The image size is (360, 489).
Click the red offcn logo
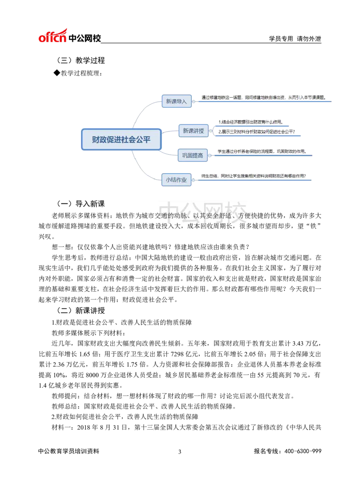[x=53, y=36]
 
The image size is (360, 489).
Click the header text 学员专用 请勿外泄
[x=295, y=39]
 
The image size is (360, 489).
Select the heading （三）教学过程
[x=80, y=60]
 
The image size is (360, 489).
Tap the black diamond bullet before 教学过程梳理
[x=56, y=73]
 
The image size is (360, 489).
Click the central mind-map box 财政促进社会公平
[x=121, y=139]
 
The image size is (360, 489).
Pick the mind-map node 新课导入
[x=176, y=101]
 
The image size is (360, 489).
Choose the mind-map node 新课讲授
[x=193, y=130]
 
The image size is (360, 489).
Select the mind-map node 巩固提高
[x=193, y=155]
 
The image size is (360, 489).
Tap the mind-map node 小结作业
[x=176, y=179]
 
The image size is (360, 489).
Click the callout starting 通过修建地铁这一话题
[x=264, y=98]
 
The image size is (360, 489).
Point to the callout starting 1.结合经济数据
[x=251, y=122]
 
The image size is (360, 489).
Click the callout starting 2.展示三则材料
[x=256, y=132]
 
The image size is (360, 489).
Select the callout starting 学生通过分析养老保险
[x=262, y=152]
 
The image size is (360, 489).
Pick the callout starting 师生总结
[x=253, y=176]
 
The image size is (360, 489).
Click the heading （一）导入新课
[x=80, y=204]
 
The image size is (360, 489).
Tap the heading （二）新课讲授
[x=80, y=310]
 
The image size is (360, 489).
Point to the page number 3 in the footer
[x=180, y=452]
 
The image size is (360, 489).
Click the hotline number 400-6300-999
[x=302, y=451]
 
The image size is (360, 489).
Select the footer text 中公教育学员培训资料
[x=69, y=451]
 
